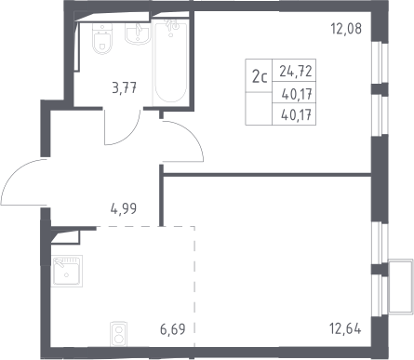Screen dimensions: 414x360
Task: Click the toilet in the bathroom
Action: tap(101, 38)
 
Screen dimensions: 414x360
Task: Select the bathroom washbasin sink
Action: tap(138, 33)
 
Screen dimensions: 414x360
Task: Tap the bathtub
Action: tap(171, 60)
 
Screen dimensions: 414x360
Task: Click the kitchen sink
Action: tap(67, 271)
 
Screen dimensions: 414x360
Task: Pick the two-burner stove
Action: tap(119, 334)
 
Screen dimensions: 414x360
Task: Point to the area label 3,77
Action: tap(125, 88)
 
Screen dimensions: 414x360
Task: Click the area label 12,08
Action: tap(346, 29)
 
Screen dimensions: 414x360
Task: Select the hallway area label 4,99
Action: tap(124, 208)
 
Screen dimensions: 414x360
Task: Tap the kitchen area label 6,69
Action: tap(173, 329)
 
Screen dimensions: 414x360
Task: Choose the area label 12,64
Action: tap(345, 328)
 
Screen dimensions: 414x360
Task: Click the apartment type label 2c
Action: tap(260, 77)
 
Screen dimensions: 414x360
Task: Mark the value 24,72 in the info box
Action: tap(296, 72)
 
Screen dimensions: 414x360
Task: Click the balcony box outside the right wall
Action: tap(401, 287)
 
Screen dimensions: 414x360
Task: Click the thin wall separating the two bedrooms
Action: tap(267, 175)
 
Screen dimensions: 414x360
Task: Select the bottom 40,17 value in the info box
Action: tap(296, 115)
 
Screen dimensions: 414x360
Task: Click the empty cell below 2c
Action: tap(259, 109)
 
